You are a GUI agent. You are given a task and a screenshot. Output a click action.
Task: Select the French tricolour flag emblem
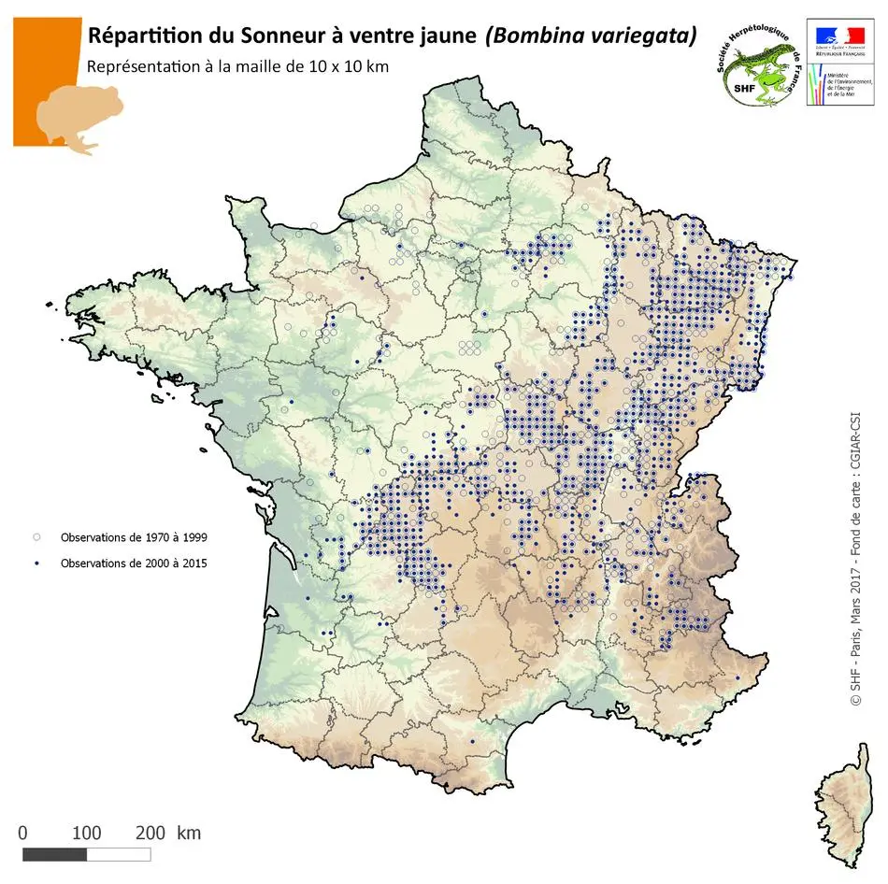pyautogui.click(x=838, y=35)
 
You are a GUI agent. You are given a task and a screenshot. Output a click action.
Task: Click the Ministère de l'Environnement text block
pyautogui.click(x=849, y=89)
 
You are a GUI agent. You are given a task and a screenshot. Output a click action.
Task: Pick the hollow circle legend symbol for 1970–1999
pyautogui.click(x=37, y=537)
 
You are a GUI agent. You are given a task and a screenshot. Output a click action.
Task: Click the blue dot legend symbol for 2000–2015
pyautogui.click(x=37, y=563)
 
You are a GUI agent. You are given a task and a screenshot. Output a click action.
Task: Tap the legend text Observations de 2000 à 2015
pyautogui.click(x=134, y=563)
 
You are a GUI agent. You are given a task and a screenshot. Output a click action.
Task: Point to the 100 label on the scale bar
pyautogui.click(x=87, y=833)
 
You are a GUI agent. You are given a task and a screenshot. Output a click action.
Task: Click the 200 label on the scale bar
pyautogui.click(x=150, y=833)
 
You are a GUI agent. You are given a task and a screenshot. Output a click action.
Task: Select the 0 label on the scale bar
pyautogui.click(x=22, y=833)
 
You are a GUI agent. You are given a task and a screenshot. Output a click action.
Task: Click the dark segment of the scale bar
pyautogui.click(x=54, y=854)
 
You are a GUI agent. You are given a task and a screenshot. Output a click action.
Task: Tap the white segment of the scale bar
pyautogui.click(x=119, y=854)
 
